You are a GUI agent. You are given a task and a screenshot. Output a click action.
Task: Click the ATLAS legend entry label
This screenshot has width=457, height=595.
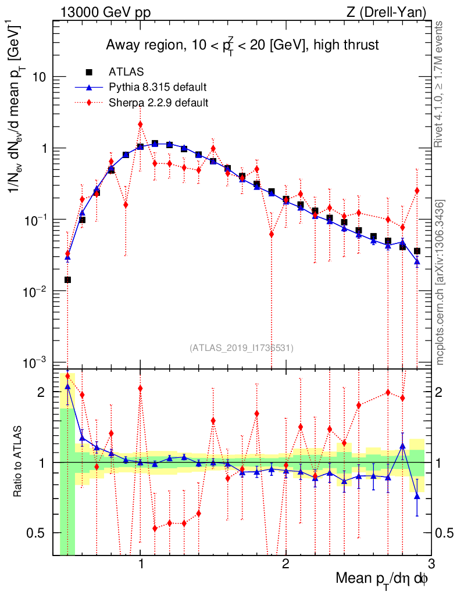[x=126, y=71]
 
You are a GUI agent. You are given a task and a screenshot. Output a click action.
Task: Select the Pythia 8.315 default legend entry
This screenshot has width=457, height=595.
[x=158, y=87]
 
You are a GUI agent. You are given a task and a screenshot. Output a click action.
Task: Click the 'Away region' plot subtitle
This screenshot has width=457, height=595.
[x=242, y=45]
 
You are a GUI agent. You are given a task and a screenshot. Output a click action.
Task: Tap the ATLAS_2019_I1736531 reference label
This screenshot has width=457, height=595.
[x=241, y=348]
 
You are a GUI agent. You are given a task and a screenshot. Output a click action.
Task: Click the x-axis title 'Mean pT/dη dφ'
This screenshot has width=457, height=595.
[x=383, y=578]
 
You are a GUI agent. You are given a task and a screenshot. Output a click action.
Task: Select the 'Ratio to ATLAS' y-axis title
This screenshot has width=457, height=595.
[x=19, y=462]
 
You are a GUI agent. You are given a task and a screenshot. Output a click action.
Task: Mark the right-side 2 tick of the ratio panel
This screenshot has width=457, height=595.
[x=442, y=392]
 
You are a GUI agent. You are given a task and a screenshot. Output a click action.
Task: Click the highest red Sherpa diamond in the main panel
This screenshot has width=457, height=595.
[x=140, y=124]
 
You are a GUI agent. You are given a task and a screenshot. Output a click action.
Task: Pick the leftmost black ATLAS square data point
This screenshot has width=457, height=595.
[x=67, y=279]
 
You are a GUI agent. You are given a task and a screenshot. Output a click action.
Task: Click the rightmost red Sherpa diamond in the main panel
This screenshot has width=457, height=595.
[x=417, y=191]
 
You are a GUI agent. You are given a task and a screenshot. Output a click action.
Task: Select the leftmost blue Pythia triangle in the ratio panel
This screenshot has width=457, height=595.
[x=67, y=386]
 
